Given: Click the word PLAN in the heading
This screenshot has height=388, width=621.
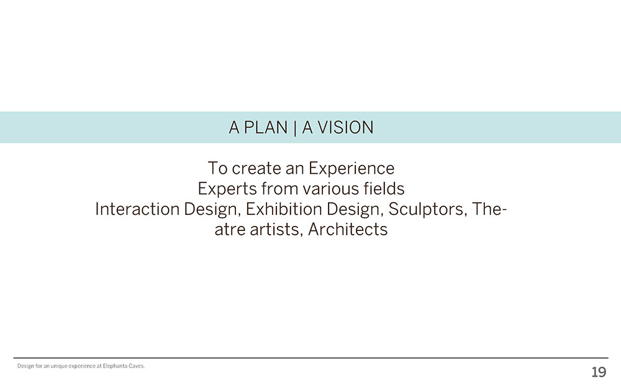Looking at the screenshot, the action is pyautogui.click(x=265, y=127).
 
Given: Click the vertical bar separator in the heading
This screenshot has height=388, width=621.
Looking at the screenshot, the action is pyautogui.click(x=295, y=128).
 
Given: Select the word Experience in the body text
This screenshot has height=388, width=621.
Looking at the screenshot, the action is pyautogui.click(x=351, y=169).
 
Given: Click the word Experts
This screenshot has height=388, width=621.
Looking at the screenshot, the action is pyautogui.click(x=227, y=189).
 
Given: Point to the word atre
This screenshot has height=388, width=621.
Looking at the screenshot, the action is pyautogui.click(x=230, y=230).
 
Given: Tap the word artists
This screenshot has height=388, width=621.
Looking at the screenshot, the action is pyautogui.click(x=276, y=230).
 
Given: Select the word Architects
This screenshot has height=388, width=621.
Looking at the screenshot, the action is pyautogui.click(x=348, y=229).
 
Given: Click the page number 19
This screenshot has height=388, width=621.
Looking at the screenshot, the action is pyautogui.click(x=599, y=372).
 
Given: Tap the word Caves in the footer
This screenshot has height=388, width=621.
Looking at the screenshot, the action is pyautogui.click(x=137, y=366).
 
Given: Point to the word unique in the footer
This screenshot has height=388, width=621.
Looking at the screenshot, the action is pyautogui.click(x=59, y=366).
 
